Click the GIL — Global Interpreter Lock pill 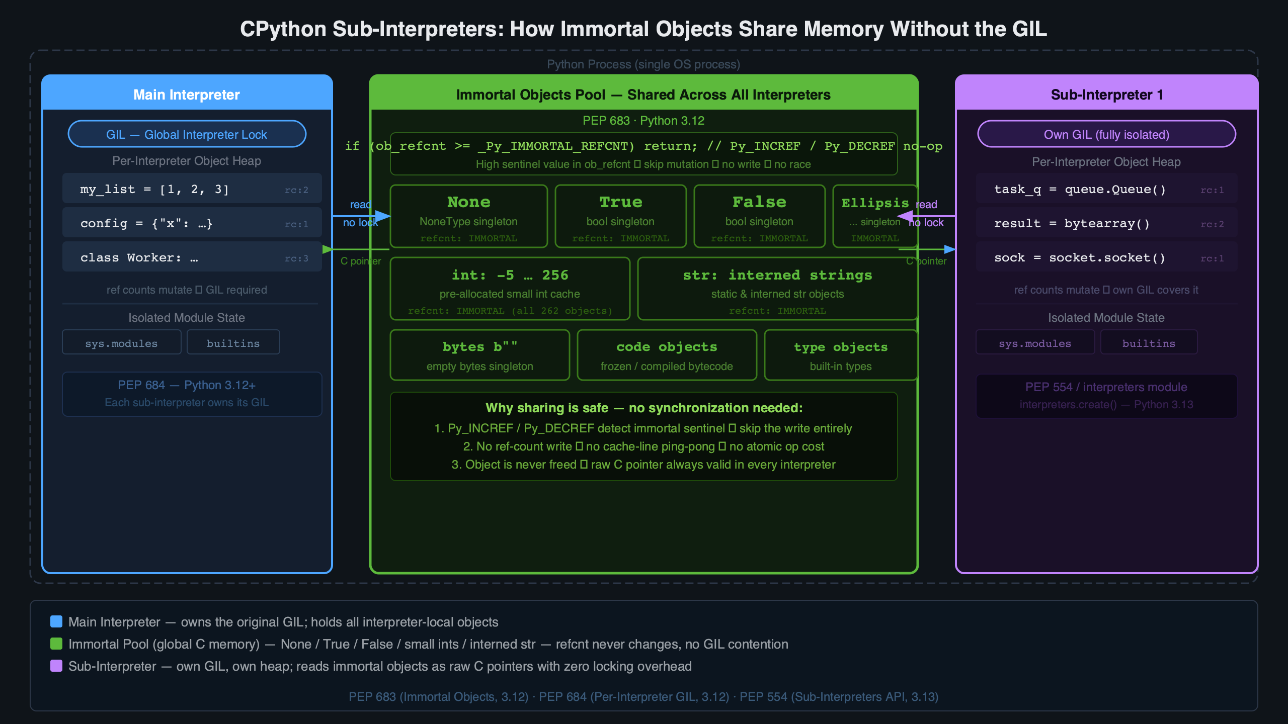point(187,134)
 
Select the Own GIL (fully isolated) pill point(1106,134)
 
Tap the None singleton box point(468,216)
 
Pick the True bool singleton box point(620,216)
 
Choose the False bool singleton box point(759,216)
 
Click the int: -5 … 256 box point(510,289)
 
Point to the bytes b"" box point(479,355)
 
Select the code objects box point(667,355)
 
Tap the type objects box point(840,355)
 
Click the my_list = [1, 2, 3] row point(192,189)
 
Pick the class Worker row point(192,257)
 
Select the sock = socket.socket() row point(1106,257)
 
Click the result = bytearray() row point(1106,223)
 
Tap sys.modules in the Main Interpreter point(121,343)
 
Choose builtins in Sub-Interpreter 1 point(1149,343)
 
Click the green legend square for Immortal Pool point(56,644)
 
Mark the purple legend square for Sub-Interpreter point(56,666)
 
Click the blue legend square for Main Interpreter point(56,621)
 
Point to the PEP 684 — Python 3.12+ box point(192,394)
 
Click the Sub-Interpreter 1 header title point(1106,95)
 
